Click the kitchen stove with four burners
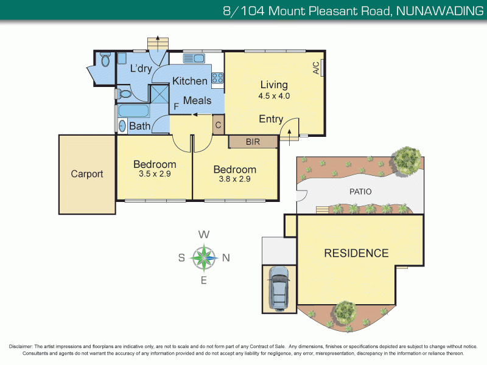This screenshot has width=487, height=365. [217, 78]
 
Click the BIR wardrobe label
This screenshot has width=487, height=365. [253, 142]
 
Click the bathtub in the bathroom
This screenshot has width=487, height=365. [133, 112]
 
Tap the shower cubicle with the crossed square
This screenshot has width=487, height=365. [160, 94]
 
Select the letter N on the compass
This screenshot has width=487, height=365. [225, 257]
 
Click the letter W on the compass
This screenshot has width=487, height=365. [205, 235]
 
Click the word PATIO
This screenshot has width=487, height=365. [360, 192]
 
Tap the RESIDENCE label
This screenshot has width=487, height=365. [356, 253]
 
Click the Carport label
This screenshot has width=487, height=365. [87, 174]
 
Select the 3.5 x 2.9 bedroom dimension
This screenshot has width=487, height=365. [155, 174]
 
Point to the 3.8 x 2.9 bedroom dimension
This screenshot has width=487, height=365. [234, 179]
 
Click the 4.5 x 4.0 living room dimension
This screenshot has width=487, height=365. [274, 96]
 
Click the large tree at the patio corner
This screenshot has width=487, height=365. [406, 159]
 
